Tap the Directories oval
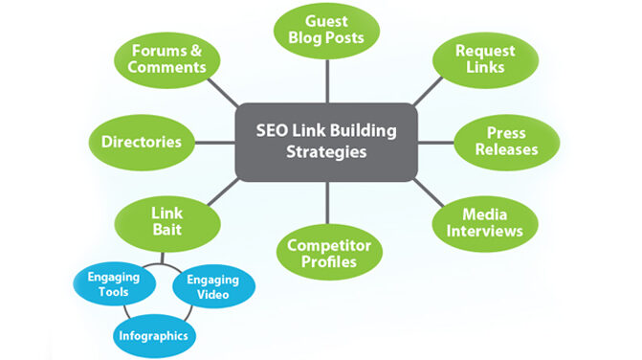(142, 142)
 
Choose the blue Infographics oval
(153, 335)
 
